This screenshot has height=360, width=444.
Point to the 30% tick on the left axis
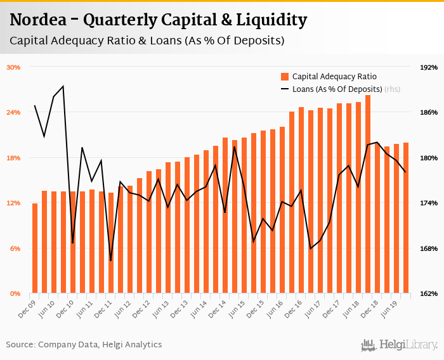tap(14, 67)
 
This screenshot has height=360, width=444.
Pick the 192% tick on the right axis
tap(429, 67)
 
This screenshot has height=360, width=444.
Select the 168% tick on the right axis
tap(429, 248)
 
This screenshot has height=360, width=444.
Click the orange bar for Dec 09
tap(35, 248)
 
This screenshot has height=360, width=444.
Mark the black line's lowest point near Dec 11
tap(111, 260)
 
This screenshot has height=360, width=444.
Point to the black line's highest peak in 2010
tap(63, 86)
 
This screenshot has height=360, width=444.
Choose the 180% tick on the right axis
tap(429, 158)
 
